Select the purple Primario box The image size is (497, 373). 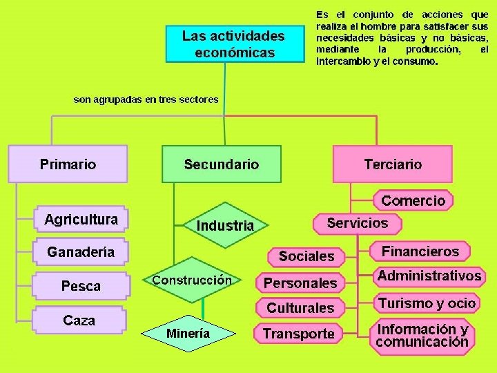(68, 164)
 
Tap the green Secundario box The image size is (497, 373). (222, 164)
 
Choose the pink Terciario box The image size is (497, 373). (393, 164)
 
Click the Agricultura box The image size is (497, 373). (81, 220)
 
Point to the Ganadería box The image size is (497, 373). (81, 252)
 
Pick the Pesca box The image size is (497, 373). (81, 285)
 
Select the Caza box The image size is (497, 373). (79, 321)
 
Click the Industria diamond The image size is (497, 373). (225, 225)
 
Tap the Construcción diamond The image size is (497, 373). (191, 280)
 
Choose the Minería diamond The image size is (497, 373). (188, 334)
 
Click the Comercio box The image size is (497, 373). (413, 201)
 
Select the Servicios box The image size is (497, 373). (357, 224)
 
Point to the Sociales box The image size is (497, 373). (306, 256)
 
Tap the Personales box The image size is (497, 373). (300, 283)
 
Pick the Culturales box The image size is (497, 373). (300, 308)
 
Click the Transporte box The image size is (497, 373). (298, 334)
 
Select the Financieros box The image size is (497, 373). (420, 250)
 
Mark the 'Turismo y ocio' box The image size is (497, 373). (427, 303)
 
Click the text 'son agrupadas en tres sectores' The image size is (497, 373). (146, 99)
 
